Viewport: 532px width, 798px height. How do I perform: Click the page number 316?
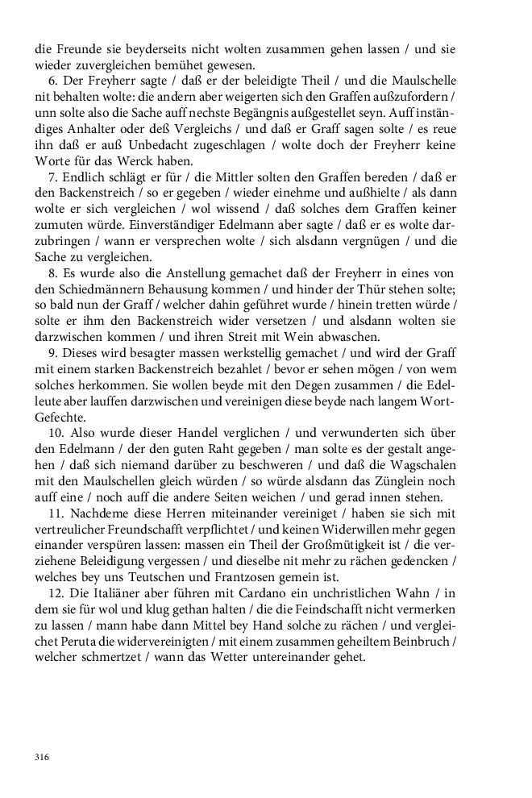click(x=43, y=757)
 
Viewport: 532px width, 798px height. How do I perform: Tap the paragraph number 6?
click(x=52, y=81)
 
